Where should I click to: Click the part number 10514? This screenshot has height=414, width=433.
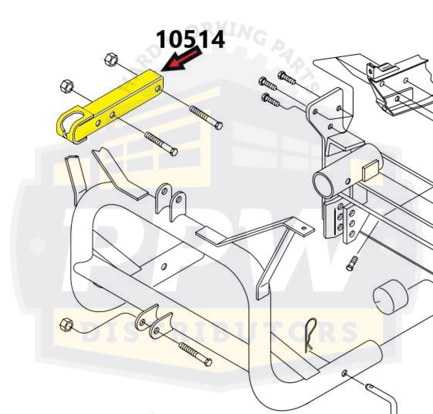tap(190, 40)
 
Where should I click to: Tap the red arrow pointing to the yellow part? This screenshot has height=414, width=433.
tap(183, 59)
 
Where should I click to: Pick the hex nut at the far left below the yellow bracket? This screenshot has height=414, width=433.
tap(66, 87)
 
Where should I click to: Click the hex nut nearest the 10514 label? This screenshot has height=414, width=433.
tap(111, 59)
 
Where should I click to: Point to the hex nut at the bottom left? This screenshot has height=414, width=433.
tap(66, 325)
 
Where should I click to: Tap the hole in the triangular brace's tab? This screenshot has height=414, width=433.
tap(304, 227)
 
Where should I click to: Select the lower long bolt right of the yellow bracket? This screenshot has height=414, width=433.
tap(161, 144)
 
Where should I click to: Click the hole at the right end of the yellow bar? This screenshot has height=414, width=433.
tap(158, 88)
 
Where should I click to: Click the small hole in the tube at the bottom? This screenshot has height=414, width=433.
tap(345, 373)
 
